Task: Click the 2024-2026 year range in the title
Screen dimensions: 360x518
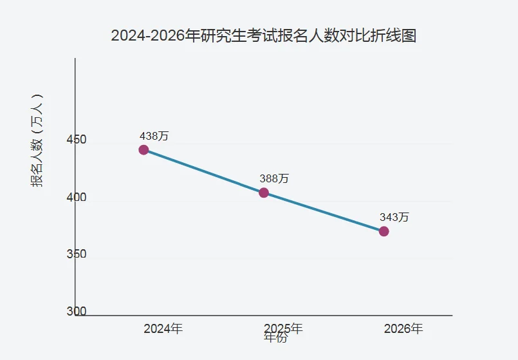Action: tap(147, 35)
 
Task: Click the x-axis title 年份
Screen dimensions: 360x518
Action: tap(275, 337)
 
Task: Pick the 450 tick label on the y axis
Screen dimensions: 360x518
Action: tap(77, 140)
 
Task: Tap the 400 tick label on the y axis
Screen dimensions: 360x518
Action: tap(77, 198)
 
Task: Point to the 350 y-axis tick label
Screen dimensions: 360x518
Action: tap(77, 254)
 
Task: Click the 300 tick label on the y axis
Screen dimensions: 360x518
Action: tap(77, 312)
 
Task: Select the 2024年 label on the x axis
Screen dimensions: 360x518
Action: tap(163, 328)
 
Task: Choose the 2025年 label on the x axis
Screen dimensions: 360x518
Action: tap(284, 328)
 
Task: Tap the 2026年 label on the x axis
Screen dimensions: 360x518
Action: tap(403, 328)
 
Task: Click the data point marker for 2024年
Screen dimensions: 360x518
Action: tap(143, 150)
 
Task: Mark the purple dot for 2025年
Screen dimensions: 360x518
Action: tap(264, 193)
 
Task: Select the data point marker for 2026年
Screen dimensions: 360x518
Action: tap(384, 231)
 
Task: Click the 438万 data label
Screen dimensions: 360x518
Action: tap(154, 136)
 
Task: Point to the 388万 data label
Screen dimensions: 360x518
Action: tap(274, 178)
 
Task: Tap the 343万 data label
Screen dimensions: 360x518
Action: tap(394, 217)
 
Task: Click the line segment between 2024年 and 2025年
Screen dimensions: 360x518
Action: tap(203, 171)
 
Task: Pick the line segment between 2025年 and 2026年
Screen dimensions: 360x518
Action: tap(324, 212)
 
